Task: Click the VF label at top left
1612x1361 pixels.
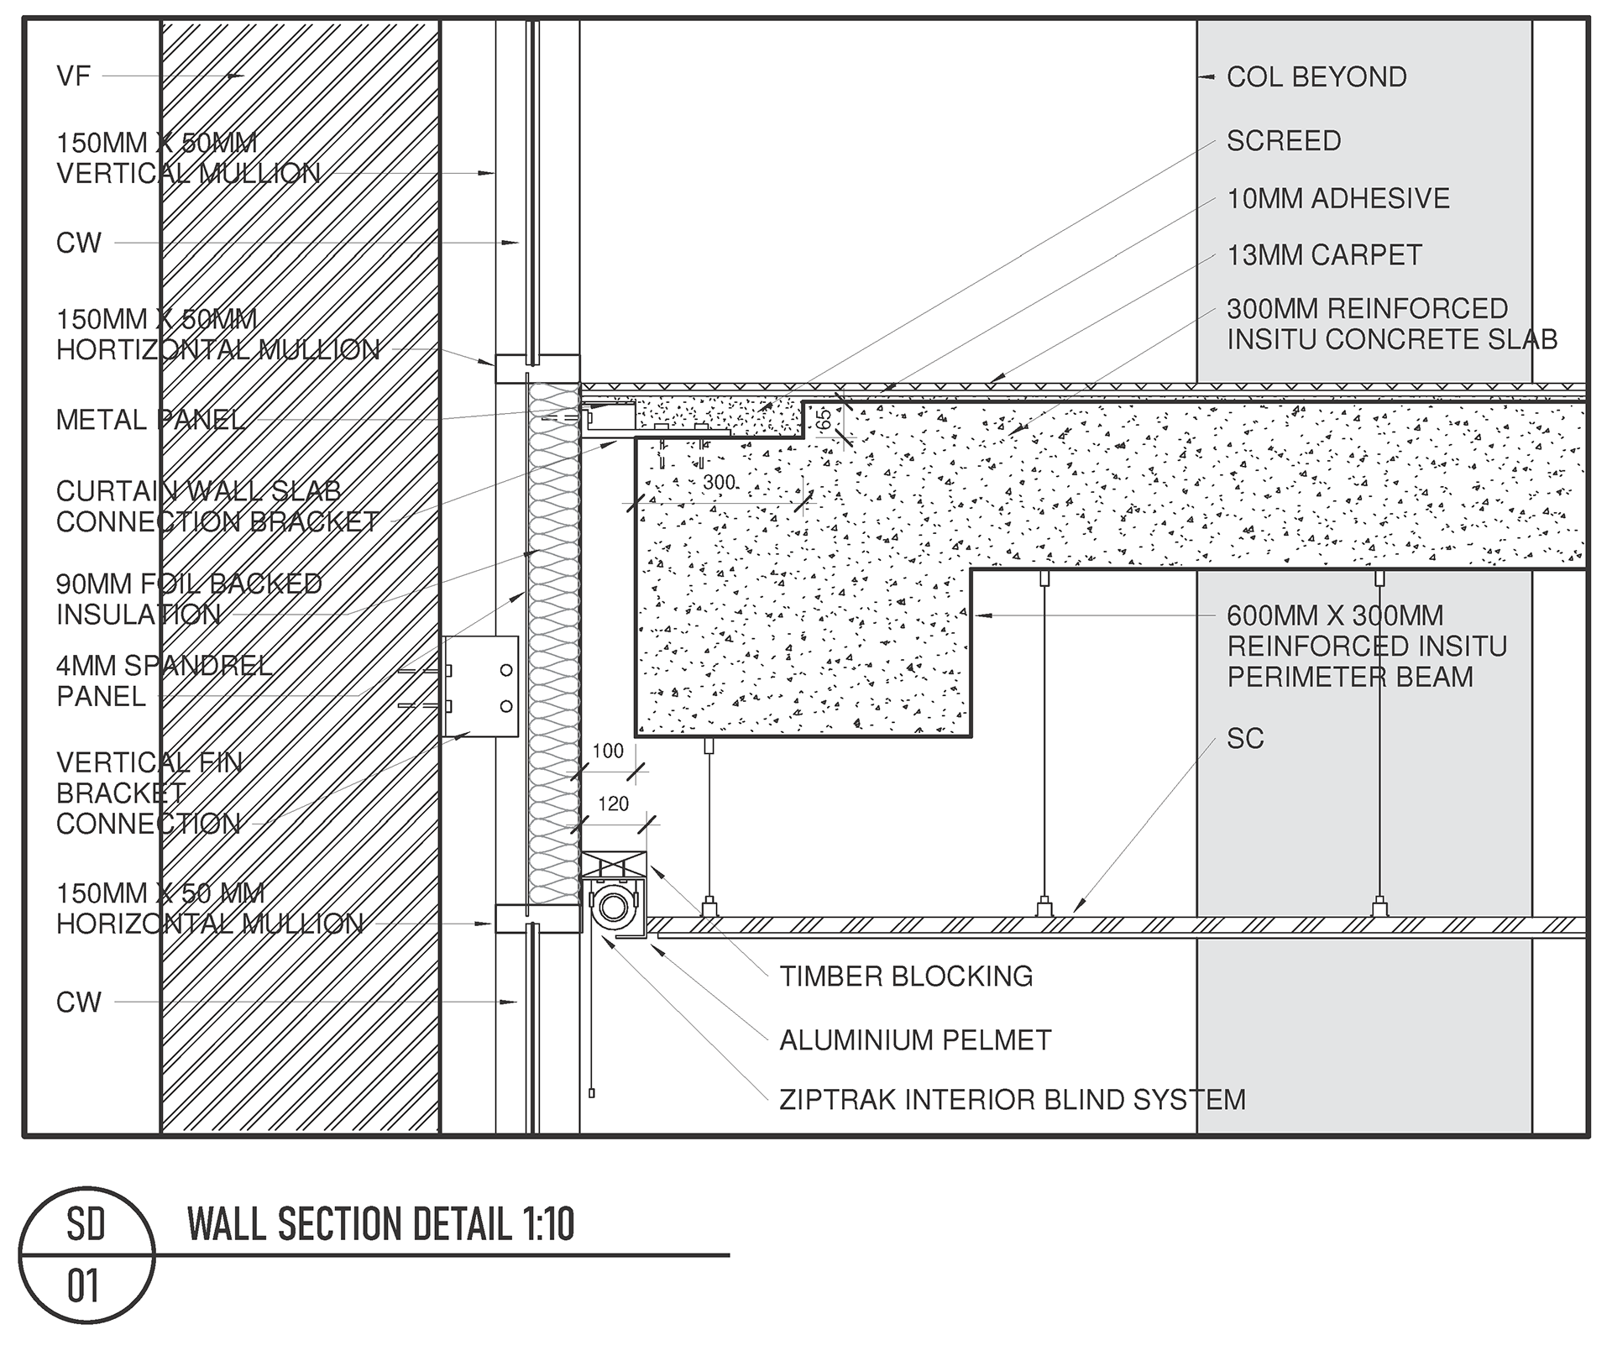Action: (73, 76)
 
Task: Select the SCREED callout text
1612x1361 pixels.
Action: (1283, 141)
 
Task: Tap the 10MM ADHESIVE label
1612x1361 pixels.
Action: (1337, 199)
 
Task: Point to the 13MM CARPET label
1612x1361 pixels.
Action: (1324, 255)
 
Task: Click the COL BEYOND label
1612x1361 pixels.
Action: (1316, 77)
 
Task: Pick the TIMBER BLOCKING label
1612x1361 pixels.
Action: (905, 976)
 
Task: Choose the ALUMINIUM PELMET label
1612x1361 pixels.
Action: (914, 1040)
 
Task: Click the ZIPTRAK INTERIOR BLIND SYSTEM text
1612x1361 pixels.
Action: (1012, 1100)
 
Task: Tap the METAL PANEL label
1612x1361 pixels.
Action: (150, 420)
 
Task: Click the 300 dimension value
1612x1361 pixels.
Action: (719, 483)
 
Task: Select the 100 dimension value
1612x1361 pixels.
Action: (608, 751)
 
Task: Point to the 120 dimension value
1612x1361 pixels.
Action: (613, 804)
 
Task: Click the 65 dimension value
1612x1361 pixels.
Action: (824, 418)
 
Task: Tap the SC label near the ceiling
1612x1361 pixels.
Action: (1244, 739)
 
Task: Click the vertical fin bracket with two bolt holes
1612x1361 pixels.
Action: (480, 686)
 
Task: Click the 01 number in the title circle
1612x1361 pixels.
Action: (84, 1287)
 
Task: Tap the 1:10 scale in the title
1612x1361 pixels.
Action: (545, 1224)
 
